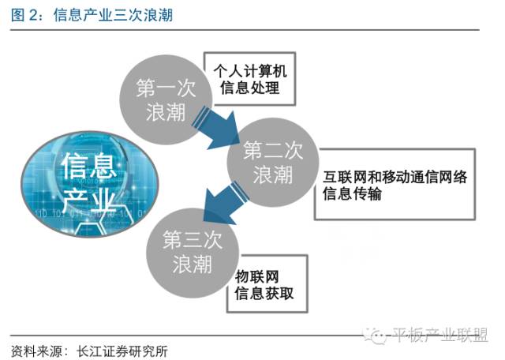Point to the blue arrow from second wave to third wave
pyautogui.click(x=215, y=197)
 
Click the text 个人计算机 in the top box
pyautogui.click(x=249, y=71)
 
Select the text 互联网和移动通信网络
pyautogui.click(x=395, y=177)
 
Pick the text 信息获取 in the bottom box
pyautogui.click(x=264, y=295)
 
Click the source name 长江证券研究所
pyautogui.click(x=119, y=350)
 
